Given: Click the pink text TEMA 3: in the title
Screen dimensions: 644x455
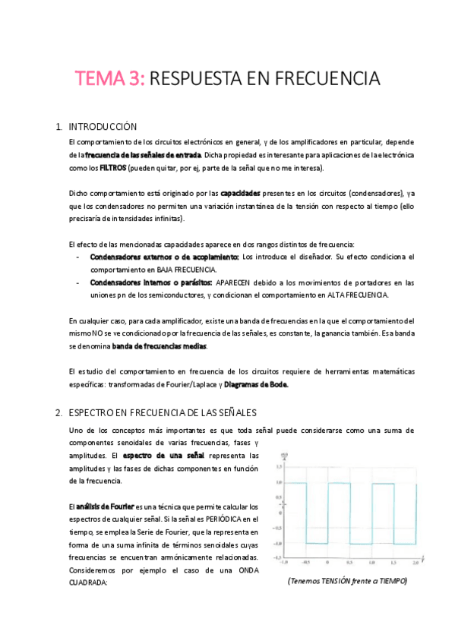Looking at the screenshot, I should point(109,78).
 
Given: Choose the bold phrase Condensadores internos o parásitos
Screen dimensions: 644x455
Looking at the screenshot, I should point(151,283).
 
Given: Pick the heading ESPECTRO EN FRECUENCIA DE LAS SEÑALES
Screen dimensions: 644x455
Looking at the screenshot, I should point(163,412).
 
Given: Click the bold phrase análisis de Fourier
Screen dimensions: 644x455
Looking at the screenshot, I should point(104,507).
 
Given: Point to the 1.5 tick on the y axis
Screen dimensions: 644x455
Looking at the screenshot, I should point(280,467).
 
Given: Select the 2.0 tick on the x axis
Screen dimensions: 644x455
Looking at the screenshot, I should point(416,563).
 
